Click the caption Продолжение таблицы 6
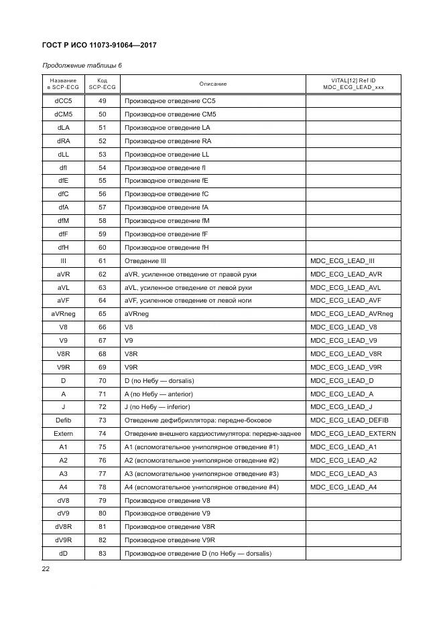[82, 66]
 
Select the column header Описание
[213, 84]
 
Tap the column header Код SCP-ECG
[103, 84]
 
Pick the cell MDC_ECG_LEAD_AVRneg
[352, 314]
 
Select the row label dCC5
[63, 101]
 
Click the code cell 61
[103, 260]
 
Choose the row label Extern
[63, 434]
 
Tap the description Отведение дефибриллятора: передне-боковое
[198, 420]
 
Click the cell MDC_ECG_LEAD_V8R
[346, 354]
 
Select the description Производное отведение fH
[167, 248]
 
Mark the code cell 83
[103, 553]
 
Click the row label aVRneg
[63, 314]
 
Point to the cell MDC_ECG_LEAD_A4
[344, 487]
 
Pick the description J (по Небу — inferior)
[157, 407]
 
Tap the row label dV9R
[63, 540]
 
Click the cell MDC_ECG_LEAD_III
[342, 260]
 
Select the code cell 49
[103, 101]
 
